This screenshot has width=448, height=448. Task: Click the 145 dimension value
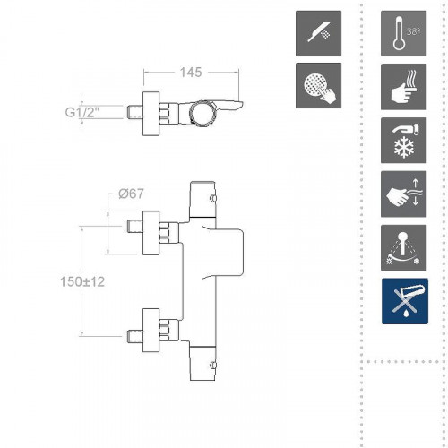[x=191, y=73]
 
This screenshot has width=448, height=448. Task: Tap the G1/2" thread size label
[x=82, y=112]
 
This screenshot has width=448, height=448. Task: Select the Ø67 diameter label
[x=131, y=194]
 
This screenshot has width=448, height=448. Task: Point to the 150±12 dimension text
[x=82, y=281]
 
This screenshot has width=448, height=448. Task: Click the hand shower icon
[x=318, y=33]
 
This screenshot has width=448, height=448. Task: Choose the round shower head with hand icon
[x=318, y=85]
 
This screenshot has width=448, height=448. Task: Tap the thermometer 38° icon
[x=403, y=33]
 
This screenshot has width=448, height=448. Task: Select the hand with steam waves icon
[x=403, y=87]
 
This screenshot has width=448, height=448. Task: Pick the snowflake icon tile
[x=403, y=141]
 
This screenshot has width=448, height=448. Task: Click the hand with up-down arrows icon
[x=403, y=194]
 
